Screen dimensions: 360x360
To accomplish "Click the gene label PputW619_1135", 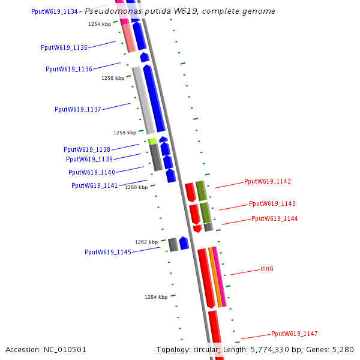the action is (x=64, y=47).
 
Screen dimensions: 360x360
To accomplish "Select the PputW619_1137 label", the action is (x=78, y=109).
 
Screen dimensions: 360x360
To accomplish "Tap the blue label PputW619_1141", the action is (x=95, y=185).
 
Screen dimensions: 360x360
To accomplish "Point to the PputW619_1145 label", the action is (x=108, y=252).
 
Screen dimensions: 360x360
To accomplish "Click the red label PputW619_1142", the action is (x=268, y=181).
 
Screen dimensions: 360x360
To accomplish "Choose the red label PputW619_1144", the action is (x=274, y=218).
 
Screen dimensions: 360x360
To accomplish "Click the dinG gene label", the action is (x=267, y=268).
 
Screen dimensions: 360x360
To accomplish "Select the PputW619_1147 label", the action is (x=295, y=334).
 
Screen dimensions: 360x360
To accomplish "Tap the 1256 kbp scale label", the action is (x=113, y=78).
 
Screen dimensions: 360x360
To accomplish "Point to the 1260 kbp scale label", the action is (x=136, y=187).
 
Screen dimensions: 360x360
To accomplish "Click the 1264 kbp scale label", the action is (x=156, y=296).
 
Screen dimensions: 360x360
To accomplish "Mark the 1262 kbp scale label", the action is (x=146, y=242).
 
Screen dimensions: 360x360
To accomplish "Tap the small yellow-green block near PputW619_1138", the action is (x=152, y=141).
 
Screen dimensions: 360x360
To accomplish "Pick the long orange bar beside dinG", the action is (x=215, y=277).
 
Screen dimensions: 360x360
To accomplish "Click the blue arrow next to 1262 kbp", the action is (x=184, y=243).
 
